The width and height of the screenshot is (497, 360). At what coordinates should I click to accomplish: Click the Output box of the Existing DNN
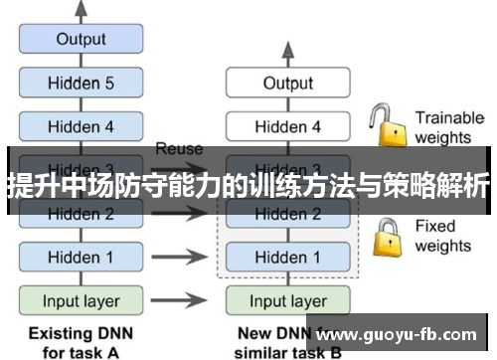[81, 40]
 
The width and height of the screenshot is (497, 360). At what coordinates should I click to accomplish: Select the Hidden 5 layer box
[81, 84]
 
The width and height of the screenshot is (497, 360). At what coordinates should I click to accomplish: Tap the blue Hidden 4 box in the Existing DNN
[81, 126]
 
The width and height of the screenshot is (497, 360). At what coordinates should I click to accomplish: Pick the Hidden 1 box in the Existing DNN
[81, 257]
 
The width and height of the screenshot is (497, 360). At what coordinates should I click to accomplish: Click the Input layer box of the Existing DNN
[81, 300]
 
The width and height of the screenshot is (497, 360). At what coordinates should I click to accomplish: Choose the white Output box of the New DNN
[287, 84]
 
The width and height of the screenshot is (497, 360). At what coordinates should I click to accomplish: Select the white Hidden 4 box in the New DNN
[287, 126]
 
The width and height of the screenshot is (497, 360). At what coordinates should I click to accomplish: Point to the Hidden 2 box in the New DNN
[287, 214]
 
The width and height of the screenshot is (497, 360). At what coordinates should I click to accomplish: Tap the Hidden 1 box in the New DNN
[287, 257]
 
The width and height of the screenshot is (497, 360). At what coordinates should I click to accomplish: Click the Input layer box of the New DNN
[287, 300]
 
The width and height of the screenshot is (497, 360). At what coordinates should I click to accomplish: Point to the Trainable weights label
[448, 126]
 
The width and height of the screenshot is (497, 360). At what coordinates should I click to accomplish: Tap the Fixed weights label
[442, 235]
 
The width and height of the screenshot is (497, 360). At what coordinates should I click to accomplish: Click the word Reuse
[179, 149]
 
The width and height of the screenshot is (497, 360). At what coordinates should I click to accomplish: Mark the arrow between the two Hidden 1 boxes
[183, 257]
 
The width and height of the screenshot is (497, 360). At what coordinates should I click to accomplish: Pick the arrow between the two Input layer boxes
[183, 300]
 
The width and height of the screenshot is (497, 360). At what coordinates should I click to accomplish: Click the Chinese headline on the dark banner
[248, 185]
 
